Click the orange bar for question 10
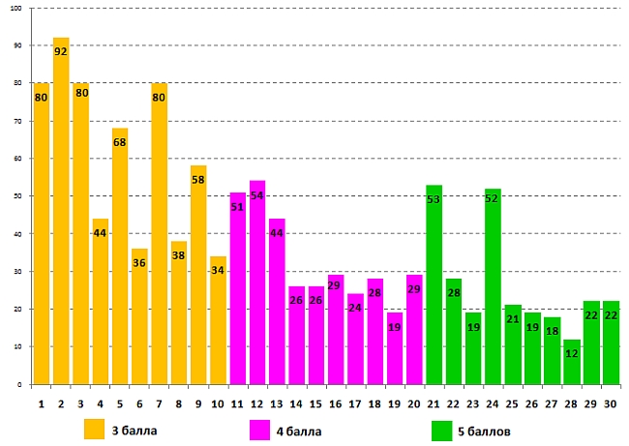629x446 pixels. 219,320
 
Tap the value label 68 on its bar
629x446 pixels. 120,143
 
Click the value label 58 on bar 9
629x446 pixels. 198,181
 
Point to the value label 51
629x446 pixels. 238,207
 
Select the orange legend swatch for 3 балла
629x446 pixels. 94,429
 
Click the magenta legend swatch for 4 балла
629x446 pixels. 259,429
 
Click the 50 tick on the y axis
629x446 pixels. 18,196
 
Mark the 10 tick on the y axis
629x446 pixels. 18,346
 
